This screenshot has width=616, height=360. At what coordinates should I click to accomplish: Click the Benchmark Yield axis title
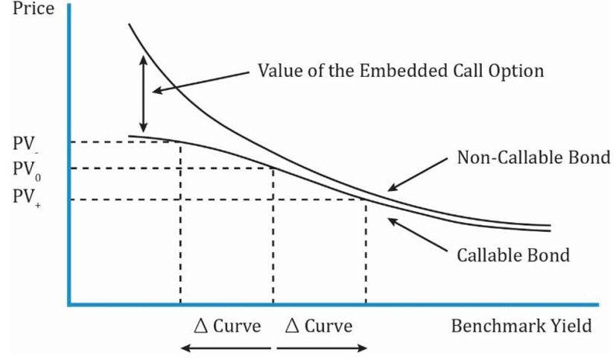[x=521, y=326]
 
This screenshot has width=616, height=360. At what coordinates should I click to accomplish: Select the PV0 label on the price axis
[x=27, y=170]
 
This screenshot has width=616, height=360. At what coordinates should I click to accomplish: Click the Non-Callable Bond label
[x=533, y=157]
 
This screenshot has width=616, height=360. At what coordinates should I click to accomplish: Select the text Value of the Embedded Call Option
[x=401, y=72]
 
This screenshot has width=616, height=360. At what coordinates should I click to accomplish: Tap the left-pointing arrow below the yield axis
[x=226, y=348]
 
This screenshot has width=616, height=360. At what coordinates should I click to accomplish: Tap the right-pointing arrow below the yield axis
[x=322, y=348]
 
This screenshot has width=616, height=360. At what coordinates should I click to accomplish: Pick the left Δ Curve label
[x=227, y=326]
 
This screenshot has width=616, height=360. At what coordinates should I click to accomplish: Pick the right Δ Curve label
[x=319, y=326]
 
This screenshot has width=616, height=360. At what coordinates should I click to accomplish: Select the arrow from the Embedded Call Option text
[x=201, y=82]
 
